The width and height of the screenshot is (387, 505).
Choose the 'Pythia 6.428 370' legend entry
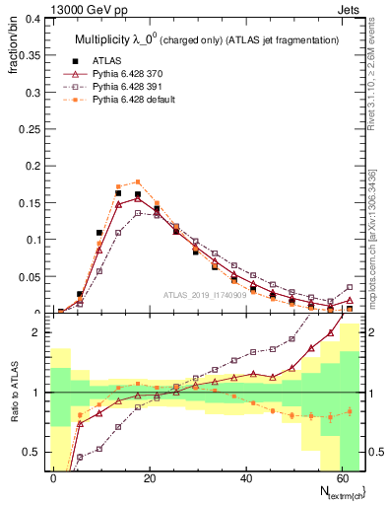point(127,74)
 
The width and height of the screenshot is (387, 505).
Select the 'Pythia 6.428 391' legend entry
point(127,88)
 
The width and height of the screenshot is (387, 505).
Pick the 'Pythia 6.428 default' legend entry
point(133,102)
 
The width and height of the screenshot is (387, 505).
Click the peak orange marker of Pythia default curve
point(138,181)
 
